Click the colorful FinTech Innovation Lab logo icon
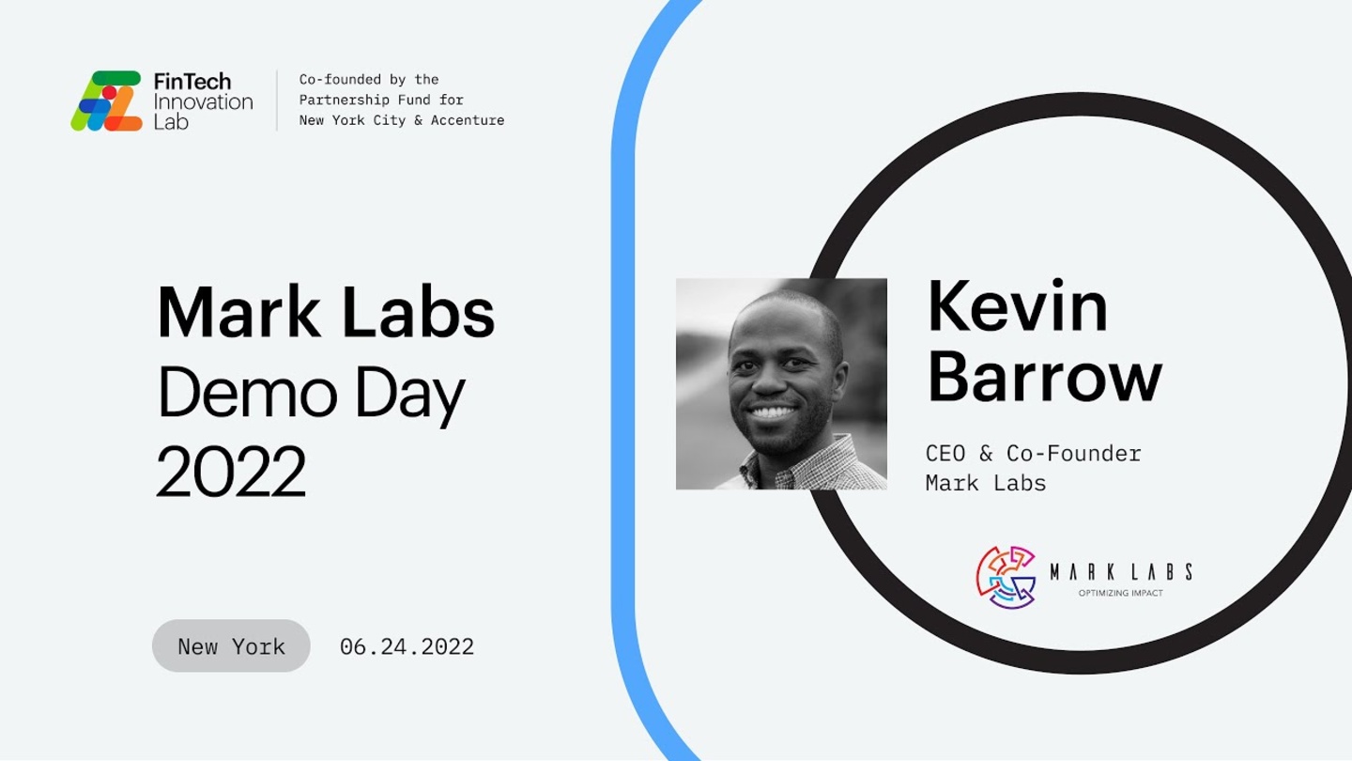[106, 101]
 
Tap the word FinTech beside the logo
[192, 81]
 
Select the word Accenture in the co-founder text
[468, 120]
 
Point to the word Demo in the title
[247, 393]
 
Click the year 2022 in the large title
[231, 471]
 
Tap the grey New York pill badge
[231, 645]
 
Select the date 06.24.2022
[407, 646]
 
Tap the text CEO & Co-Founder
[1034, 454]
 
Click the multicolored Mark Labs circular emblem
[1006, 578]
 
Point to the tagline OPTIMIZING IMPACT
[1121, 593]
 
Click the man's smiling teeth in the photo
[772, 413]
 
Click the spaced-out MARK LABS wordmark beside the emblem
[1121, 571]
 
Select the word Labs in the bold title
[419, 312]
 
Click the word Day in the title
[410, 395]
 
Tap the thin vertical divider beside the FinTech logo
[277, 101]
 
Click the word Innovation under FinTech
[204, 101]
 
